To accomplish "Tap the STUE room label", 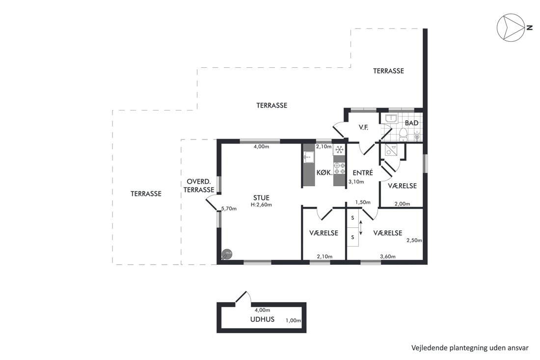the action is (x=261, y=198).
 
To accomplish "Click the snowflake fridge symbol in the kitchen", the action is (x=340, y=149).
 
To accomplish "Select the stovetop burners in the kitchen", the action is (x=339, y=168).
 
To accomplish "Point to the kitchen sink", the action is (x=309, y=158).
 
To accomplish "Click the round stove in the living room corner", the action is (x=227, y=254).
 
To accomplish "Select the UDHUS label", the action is (x=263, y=319).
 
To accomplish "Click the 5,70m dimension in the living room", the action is (x=229, y=208).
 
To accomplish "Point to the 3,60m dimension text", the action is (x=388, y=256).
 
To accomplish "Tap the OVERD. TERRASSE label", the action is (x=199, y=186).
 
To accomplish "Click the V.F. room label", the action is (x=363, y=128).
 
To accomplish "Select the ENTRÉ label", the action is (x=363, y=173).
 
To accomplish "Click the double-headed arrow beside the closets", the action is (x=361, y=228).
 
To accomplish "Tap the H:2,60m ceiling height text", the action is (x=261, y=205).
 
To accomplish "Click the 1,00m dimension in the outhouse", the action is (x=294, y=320).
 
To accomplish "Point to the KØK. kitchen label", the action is (x=324, y=172).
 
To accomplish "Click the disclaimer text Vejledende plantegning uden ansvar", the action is (x=470, y=348).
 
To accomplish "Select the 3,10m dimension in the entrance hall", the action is (x=356, y=182).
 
